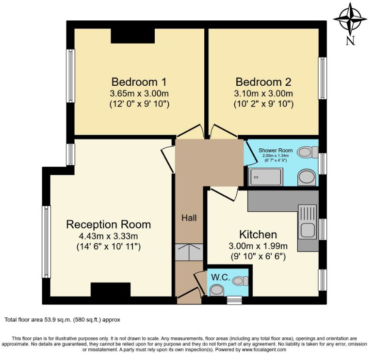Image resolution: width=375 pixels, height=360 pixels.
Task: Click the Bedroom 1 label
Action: click(139, 82)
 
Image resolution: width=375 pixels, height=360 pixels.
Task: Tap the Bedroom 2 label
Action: click(263, 82)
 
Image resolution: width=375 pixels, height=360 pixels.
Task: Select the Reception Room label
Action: click(108, 224)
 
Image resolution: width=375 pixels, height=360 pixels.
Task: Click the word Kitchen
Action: click(258, 235)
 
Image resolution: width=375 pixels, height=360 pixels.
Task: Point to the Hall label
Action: click(189, 218)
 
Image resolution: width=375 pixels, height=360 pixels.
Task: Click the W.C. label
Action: click(221, 278)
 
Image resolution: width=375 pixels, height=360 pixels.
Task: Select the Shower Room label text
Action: click(276, 150)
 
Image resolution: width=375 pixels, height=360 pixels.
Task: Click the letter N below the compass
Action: click(350, 40)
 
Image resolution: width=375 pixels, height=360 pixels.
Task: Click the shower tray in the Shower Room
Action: click(266, 177)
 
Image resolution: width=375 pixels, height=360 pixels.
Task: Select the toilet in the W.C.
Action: click(240, 281)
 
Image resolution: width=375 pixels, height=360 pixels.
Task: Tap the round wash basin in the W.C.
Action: click(217, 290)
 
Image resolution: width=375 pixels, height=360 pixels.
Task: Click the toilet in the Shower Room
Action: click(308, 152)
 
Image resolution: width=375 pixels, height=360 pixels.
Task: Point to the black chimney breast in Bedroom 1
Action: click(133, 36)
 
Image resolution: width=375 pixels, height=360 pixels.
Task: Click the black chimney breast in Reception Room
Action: click(111, 290)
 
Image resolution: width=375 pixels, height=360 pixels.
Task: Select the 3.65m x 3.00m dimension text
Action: click(139, 94)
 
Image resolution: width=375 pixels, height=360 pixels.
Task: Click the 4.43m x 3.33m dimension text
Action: click(108, 236)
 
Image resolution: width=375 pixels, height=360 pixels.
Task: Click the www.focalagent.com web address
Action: click(264, 350)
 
